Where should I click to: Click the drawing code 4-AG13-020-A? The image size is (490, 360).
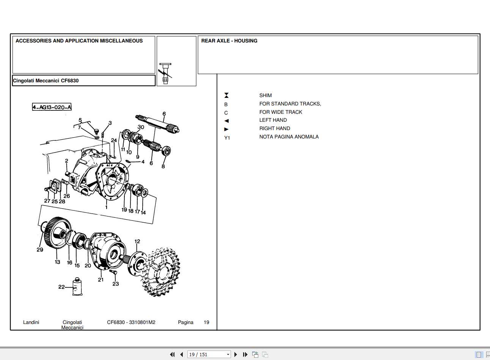pyautogui.click(x=52, y=107)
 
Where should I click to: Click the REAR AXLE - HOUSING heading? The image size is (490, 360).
pyautogui.click(x=229, y=41)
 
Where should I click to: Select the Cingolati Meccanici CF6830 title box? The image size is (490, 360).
pyautogui.click(x=83, y=80)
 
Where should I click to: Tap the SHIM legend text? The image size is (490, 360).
pyautogui.click(x=265, y=96)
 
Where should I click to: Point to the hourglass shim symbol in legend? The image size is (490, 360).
pyautogui.click(x=226, y=96)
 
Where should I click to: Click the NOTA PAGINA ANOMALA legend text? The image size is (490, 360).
pyautogui.click(x=289, y=137)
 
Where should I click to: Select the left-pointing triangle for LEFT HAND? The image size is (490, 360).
pyautogui.click(x=226, y=121)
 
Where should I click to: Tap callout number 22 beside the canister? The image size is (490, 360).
pyautogui.click(x=61, y=287)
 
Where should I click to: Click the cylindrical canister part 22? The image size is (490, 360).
pyautogui.click(x=78, y=286)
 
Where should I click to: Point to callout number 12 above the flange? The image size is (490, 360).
pyautogui.click(x=137, y=241)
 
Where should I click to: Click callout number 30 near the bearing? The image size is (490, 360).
pyautogui.click(x=141, y=127)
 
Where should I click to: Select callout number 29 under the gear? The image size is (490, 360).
pyautogui.click(x=40, y=250)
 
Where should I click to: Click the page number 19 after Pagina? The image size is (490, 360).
pyautogui.click(x=206, y=322)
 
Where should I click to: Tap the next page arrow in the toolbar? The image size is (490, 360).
pyautogui.click(x=236, y=354)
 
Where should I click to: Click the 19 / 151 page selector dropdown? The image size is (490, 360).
pyautogui.click(x=209, y=354)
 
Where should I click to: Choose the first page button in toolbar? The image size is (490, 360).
pyautogui.click(x=172, y=354)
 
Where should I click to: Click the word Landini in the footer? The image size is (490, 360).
pyautogui.click(x=31, y=322)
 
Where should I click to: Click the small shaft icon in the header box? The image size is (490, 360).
pyautogui.click(x=165, y=73)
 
